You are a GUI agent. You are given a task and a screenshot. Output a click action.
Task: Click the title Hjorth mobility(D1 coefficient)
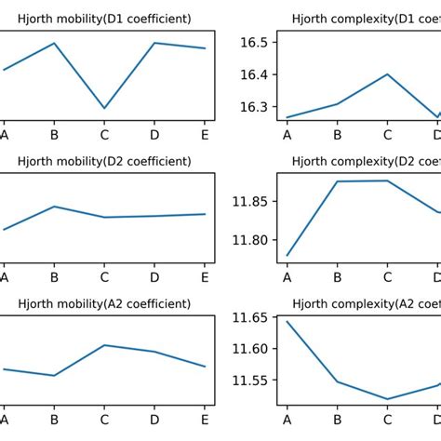[x=104, y=19]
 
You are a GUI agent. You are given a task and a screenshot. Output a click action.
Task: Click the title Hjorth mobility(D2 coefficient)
[x=104, y=161]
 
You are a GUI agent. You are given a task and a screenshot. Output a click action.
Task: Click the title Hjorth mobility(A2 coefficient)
[x=104, y=303]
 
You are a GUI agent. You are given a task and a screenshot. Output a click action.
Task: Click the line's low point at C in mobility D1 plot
[x=104, y=109]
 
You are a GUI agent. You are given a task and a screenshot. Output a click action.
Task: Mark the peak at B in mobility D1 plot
[x=54, y=43]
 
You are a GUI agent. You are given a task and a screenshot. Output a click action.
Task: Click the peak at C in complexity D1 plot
[x=387, y=74]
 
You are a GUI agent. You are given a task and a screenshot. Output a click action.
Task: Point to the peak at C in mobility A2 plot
[x=104, y=345]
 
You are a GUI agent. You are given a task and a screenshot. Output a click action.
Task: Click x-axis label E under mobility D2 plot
[x=205, y=276]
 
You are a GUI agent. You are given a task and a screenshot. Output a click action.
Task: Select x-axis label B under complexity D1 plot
[x=337, y=134]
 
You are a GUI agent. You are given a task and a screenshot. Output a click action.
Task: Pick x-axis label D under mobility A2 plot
[x=154, y=419]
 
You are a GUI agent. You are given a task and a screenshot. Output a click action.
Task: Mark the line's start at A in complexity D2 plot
[x=287, y=255]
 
